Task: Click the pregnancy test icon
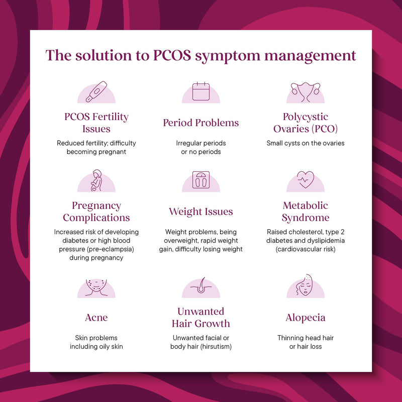pos(96,91)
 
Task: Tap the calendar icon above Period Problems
pos(201,91)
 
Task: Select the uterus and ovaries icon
pos(306,92)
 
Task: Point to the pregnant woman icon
pos(96,180)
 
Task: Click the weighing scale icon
pos(201,180)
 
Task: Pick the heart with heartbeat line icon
pos(306,179)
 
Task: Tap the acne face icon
pos(96,287)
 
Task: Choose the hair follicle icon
pos(201,285)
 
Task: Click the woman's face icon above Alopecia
pos(305,285)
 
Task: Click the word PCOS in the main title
pos(172,55)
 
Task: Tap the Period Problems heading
pos(201,123)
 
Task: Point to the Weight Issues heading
pos(201,212)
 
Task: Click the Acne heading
pos(96,318)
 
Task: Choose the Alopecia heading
pos(306,318)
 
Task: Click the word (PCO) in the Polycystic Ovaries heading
pos(325,129)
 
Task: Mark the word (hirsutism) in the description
pos(216,347)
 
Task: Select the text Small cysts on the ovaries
pos(306,143)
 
